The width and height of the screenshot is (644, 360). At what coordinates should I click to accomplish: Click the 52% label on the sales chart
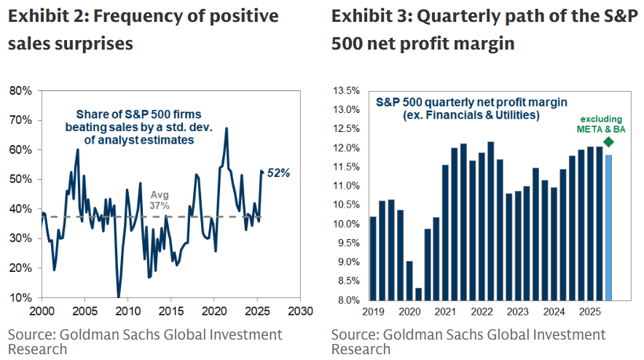click(280, 173)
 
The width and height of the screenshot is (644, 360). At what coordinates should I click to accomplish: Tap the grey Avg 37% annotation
click(160, 200)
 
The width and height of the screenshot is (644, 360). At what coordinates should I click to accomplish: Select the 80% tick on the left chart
click(20, 91)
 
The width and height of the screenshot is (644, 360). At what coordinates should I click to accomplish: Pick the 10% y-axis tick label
click(20, 298)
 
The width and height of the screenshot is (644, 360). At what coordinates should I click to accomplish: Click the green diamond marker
click(609, 141)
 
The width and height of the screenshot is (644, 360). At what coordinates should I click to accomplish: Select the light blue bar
click(609, 227)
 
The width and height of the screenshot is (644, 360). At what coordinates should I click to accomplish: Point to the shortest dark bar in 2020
click(418, 294)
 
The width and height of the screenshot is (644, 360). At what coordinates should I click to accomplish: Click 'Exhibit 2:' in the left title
click(48, 15)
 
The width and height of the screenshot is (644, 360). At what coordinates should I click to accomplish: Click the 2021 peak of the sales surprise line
click(227, 129)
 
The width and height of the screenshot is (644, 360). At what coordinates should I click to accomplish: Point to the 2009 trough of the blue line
click(119, 296)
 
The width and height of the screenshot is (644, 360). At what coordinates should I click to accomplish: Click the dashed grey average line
click(87, 217)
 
